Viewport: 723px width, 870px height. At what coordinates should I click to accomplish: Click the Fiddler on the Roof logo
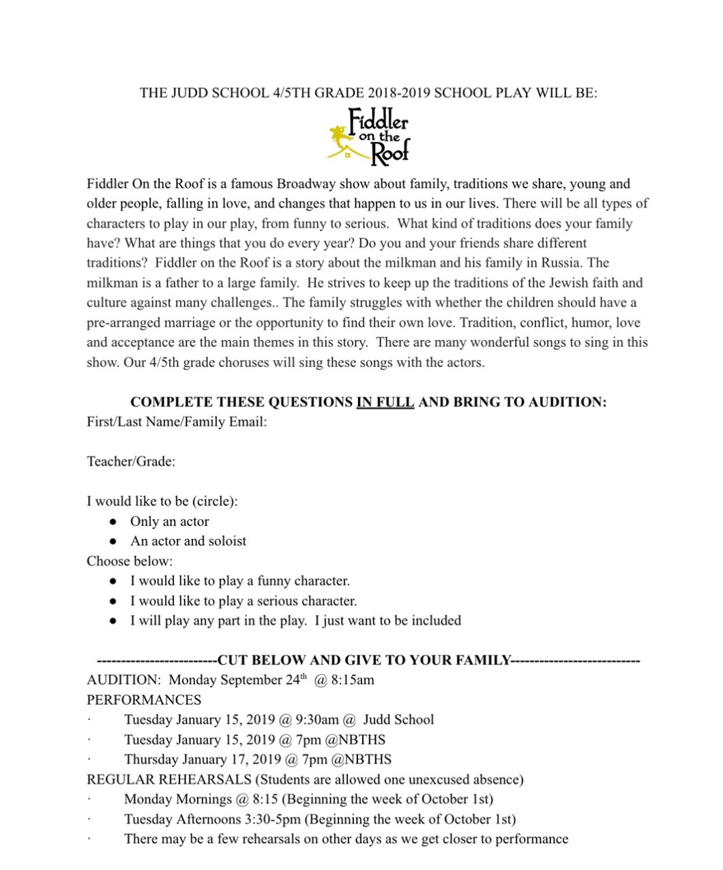click(x=369, y=135)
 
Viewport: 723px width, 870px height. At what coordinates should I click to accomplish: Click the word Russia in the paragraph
click(x=561, y=263)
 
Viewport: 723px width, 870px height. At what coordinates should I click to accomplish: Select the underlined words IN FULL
click(x=385, y=402)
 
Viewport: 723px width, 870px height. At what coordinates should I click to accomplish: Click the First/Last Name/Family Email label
click(x=176, y=422)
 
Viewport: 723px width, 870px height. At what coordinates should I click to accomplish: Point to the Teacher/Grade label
click(x=131, y=461)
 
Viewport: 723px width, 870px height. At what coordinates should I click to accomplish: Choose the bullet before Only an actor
click(x=113, y=522)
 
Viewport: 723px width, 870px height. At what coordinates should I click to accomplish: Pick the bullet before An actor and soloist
click(x=113, y=542)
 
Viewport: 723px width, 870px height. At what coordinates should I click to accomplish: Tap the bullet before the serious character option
click(x=113, y=602)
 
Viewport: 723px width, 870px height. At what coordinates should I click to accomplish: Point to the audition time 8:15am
click(x=353, y=680)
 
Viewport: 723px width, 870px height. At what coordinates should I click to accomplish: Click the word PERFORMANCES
click(x=144, y=700)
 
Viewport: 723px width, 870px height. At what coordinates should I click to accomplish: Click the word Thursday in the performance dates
click(x=153, y=759)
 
